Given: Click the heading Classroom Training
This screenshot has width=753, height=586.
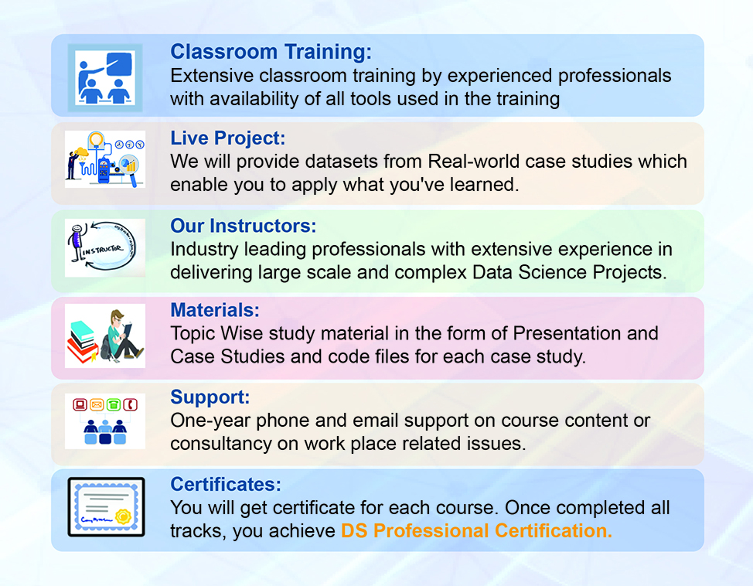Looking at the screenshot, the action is [x=271, y=52].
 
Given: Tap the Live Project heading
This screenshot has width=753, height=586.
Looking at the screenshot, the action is [x=227, y=138].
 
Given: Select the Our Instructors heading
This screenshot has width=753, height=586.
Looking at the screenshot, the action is [x=244, y=226].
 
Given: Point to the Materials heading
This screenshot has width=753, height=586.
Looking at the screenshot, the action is [x=215, y=310].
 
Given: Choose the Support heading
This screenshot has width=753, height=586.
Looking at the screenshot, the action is [x=210, y=397].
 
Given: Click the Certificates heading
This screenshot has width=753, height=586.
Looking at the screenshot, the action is [x=226, y=484].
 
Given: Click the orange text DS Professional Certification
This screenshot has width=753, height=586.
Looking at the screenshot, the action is [x=476, y=531].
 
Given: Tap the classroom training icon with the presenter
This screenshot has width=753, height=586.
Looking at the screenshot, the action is [x=105, y=78].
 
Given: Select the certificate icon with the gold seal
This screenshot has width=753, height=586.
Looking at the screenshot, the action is [x=106, y=506].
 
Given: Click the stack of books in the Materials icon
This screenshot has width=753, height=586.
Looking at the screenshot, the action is [x=83, y=341].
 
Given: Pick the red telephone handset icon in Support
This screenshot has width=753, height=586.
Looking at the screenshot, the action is [x=130, y=404].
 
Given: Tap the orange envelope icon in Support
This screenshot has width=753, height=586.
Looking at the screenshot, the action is [x=97, y=404].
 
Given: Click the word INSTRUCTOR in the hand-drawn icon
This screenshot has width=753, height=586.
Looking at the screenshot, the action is [x=102, y=249].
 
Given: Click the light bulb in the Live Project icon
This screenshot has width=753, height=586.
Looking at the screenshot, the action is [x=97, y=140].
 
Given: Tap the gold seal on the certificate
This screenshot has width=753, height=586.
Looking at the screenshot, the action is [x=123, y=516].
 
